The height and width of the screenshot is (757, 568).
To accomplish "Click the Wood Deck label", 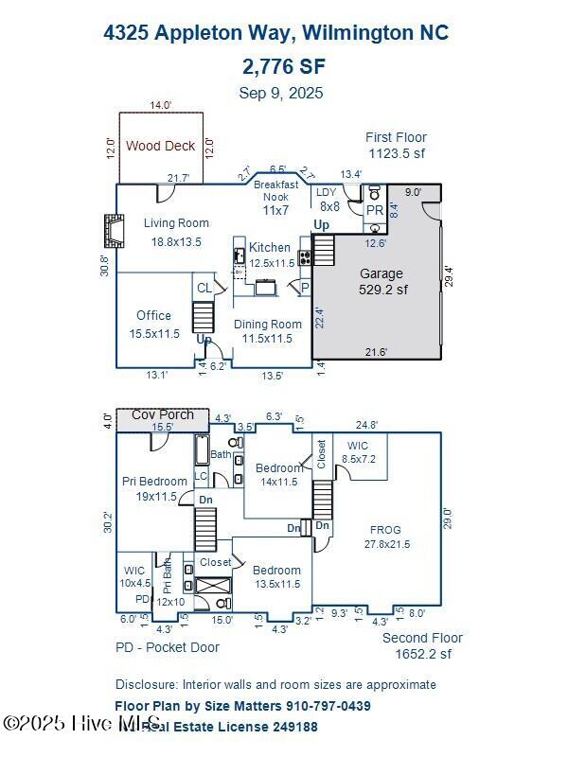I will click(161, 146).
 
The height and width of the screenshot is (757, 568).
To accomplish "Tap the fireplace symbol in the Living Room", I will click(114, 230).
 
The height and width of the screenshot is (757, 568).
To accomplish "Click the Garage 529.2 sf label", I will click(382, 281).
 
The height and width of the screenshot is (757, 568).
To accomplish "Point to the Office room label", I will click(153, 324).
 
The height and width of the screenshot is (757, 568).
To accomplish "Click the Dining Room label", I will click(268, 331).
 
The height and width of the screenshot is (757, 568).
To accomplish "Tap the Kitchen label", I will click(271, 255).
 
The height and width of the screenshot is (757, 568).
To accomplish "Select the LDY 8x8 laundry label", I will click(328, 199).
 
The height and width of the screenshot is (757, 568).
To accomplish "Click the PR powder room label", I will click(375, 210).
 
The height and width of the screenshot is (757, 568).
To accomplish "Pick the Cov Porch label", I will click(163, 414).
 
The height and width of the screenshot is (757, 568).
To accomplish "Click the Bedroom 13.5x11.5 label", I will click(276, 577).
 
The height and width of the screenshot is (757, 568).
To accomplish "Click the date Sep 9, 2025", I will click(281, 93).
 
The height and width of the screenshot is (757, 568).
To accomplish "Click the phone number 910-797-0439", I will click(322, 706).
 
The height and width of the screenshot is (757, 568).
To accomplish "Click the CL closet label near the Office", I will click(204, 288).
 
